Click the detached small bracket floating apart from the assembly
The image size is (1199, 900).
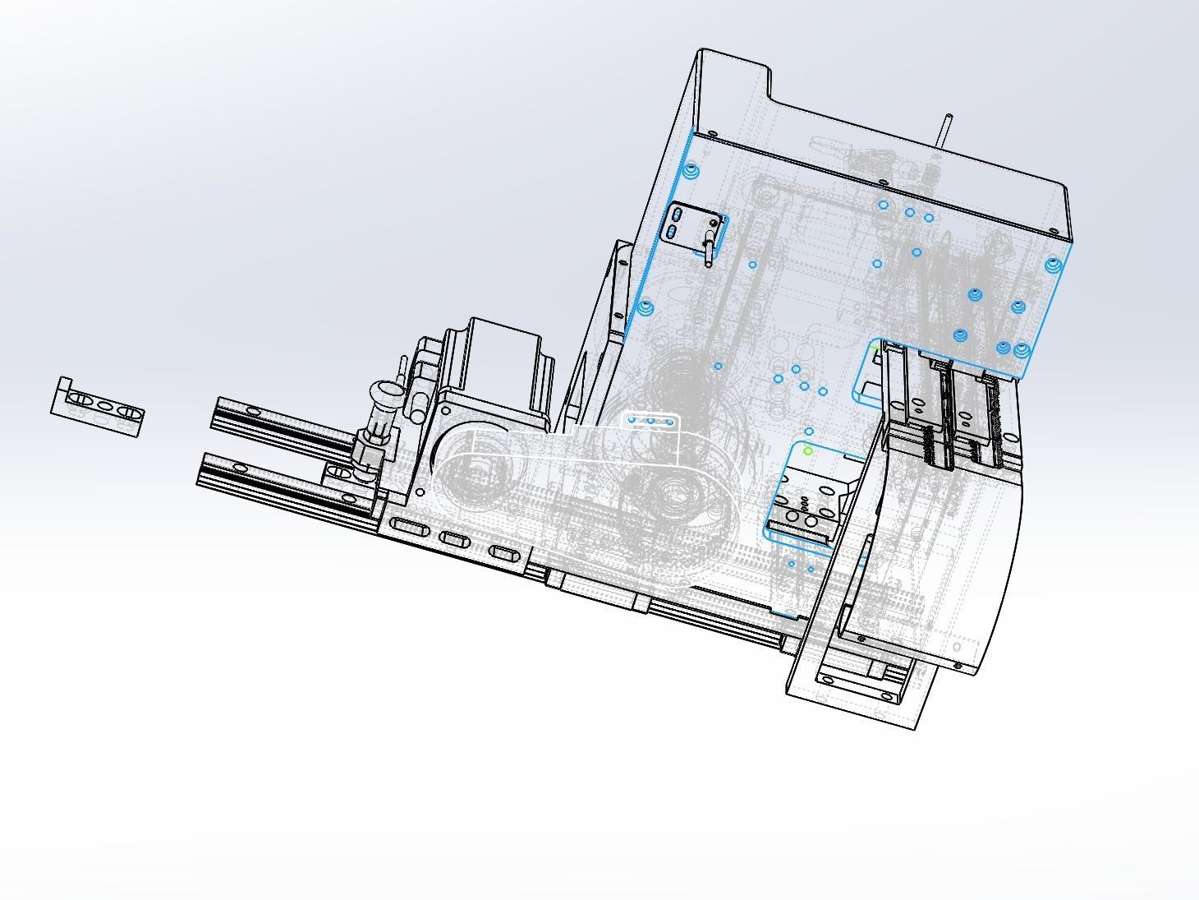(x=98, y=406)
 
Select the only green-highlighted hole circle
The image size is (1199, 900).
(x=808, y=451)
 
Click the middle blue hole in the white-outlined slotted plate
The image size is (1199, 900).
(x=650, y=421)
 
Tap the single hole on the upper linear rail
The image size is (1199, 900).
(x=253, y=410)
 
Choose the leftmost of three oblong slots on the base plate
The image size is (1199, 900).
(x=407, y=525)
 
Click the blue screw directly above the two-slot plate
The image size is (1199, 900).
(x=691, y=171)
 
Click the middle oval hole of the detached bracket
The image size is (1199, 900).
(x=104, y=404)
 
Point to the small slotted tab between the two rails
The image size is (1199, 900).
(x=337, y=472)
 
